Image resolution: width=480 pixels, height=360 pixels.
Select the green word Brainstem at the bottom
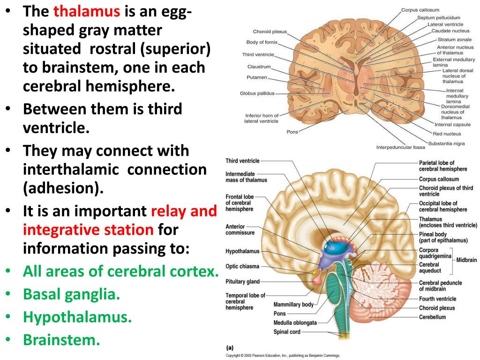(62, 339)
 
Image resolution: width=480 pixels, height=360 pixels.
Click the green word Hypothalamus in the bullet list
(77, 317)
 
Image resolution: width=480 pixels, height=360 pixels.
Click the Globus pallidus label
(257, 93)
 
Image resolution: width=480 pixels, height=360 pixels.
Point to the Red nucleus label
(447, 134)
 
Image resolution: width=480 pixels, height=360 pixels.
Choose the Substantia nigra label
(446, 143)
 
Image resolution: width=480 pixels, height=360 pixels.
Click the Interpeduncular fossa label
(400, 148)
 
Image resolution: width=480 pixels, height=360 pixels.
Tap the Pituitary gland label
(242, 281)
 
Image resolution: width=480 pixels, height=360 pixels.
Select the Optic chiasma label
(242, 266)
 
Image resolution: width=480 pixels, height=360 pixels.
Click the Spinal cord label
(287, 332)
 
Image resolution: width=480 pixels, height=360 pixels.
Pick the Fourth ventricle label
(437, 299)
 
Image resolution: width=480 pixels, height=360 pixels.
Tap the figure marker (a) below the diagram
(230, 348)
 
